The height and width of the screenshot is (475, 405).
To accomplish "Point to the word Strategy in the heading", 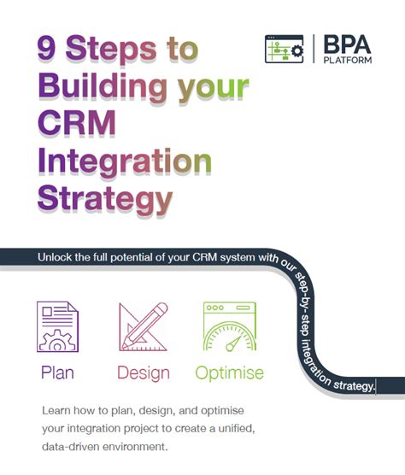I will (103, 200).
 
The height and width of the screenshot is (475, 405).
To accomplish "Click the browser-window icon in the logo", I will (284, 49).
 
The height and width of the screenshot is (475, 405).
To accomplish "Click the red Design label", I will (143, 372).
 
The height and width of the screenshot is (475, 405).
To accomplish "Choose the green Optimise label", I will (229, 372).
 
